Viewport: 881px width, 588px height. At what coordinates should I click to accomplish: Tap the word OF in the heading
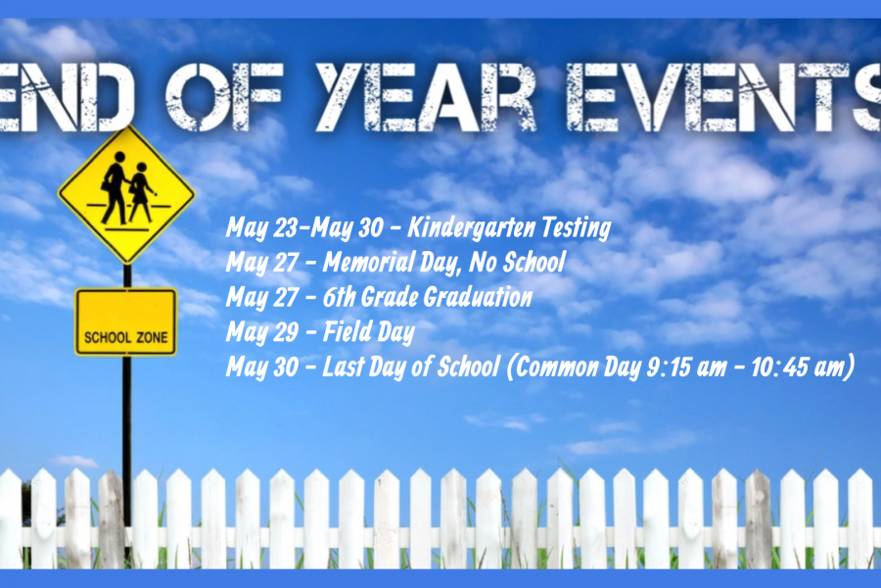[223, 96]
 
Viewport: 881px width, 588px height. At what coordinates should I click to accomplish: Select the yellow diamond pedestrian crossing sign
[126, 194]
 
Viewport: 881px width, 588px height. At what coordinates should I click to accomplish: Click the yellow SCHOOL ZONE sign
[126, 321]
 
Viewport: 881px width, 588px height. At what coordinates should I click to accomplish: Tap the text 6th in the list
[339, 297]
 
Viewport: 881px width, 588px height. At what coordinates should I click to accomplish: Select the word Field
[347, 331]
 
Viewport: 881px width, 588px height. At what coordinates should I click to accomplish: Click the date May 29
[261, 332]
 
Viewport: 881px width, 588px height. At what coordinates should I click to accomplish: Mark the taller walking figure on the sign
[115, 187]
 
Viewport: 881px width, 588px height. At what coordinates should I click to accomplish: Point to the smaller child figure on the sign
[141, 192]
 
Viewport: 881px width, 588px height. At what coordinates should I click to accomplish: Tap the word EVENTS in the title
[724, 96]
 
